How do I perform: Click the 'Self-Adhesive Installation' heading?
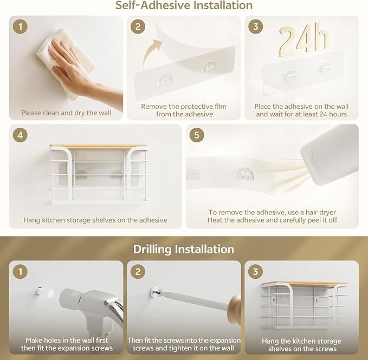184,5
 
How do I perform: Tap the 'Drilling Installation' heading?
184,249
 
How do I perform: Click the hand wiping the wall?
80,70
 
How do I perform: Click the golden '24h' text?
304,40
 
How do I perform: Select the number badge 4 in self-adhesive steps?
20,135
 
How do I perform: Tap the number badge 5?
197,135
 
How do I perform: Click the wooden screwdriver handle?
235,309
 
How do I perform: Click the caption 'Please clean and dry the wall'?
66,113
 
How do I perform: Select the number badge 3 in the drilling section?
256,272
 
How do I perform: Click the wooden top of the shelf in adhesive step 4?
99,147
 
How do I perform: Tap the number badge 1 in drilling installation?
20,272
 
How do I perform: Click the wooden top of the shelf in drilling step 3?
304,284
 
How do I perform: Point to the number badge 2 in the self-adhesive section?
138,27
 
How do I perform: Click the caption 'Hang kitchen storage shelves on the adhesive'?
95,220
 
